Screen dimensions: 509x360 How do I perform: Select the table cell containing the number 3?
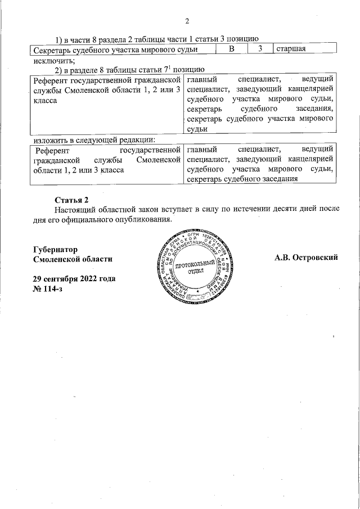[x=260, y=49]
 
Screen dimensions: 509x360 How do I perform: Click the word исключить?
[x=54, y=60]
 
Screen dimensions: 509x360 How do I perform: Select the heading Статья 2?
[x=71, y=200]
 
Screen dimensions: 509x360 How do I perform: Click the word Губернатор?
[x=55, y=249]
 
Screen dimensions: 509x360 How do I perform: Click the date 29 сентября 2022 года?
[x=74, y=280]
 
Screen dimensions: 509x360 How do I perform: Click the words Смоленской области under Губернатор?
[x=73, y=259]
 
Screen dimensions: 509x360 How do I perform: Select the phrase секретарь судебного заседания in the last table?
[x=242, y=179]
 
